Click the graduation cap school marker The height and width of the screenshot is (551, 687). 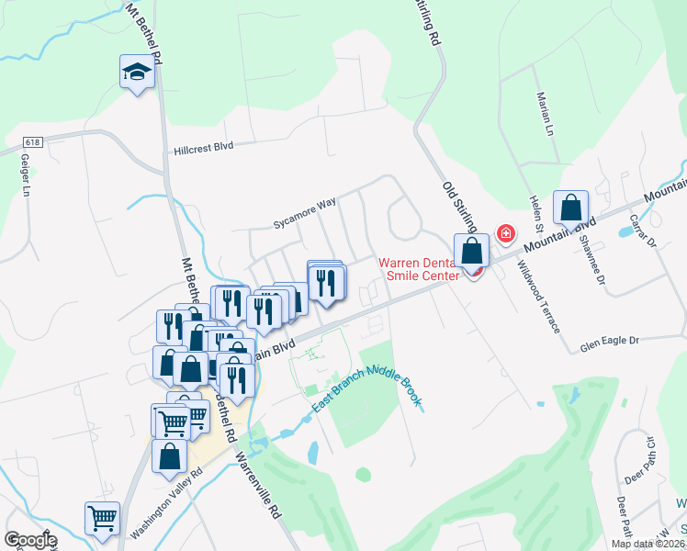coord(137,73)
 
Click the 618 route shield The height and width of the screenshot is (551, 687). coord(33,142)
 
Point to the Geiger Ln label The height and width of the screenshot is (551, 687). coord(26,174)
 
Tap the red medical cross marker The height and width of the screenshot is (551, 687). coord(505,234)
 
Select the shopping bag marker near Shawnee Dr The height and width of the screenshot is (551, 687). coord(570,209)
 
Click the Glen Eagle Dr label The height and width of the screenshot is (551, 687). coord(608,342)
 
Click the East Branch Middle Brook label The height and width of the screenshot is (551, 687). coord(366,388)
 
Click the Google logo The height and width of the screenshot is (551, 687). coord(30,540)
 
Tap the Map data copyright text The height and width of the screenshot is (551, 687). coord(648,544)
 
